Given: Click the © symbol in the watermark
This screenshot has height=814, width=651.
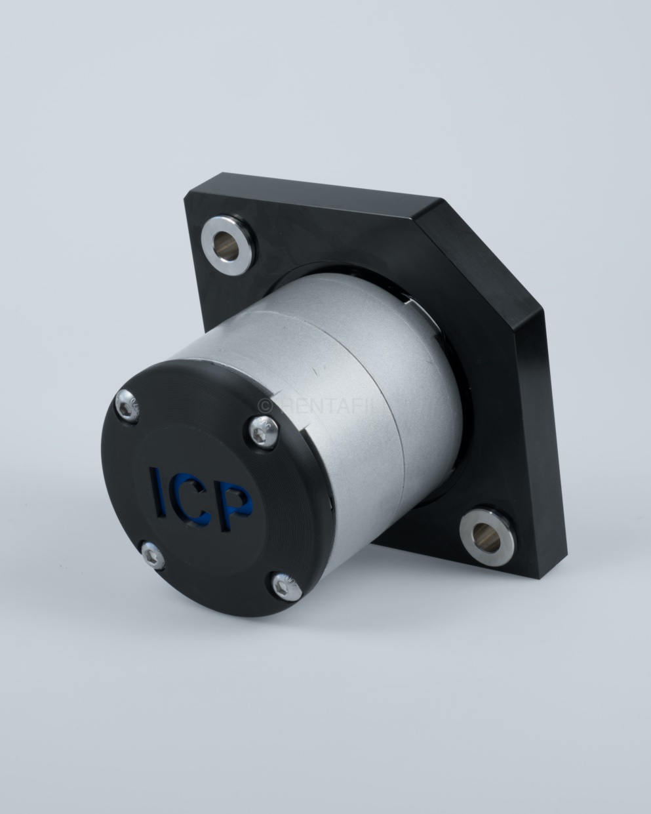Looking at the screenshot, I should pos(265,405).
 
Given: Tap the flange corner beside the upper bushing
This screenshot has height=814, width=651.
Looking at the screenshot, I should pos(190,197).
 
